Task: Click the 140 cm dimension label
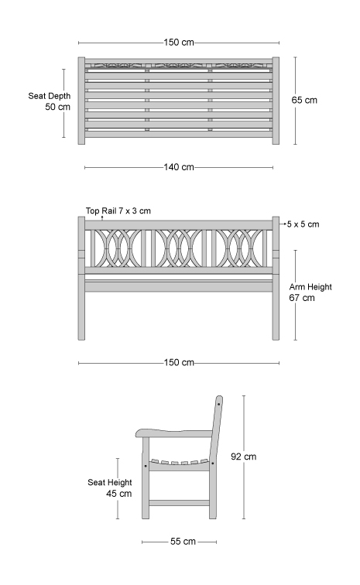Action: [x=179, y=167]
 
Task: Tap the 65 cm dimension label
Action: [x=304, y=100]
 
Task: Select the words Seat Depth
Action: [x=50, y=96]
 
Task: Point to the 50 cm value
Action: [x=57, y=107]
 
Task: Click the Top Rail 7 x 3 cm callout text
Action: [x=118, y=210]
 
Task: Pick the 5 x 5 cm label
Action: [x=303, y=224]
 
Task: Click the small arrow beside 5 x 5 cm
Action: [x=283, y=224]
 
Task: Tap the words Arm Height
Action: [x=310, y=287]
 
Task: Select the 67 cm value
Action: [x=302, y=298]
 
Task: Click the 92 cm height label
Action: [x=244, y=457]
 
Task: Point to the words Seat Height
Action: [x=110, y=482]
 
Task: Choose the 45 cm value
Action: [x=118, y=494]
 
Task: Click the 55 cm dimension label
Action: [x=183, y=542]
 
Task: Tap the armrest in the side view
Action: [x=174, y=433]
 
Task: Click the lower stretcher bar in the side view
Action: [x=179, y=503]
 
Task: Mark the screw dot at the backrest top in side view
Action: [x=218, y=405]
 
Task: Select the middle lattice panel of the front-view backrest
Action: [x=179, y=248]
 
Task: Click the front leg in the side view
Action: [x=146, y=478]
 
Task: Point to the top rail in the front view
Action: [x=179, y=225]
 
